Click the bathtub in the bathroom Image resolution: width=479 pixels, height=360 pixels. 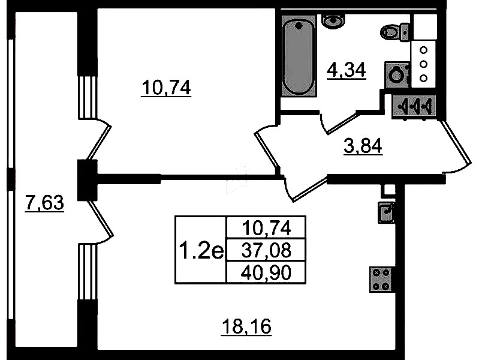(x=299, y=56)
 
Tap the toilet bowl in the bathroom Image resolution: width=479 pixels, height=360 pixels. (x=390, y=32)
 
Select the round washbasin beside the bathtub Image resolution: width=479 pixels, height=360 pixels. (x=333, y=21)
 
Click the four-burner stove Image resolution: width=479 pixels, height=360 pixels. (x=381, y=280)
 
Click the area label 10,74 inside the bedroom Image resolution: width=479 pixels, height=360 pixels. (x=166, y=88)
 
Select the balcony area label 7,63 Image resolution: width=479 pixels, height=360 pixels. (x=44, y=203)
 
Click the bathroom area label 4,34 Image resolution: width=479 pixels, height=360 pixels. (x=347, y=71)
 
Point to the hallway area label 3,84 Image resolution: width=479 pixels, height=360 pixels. (x=363, y=146)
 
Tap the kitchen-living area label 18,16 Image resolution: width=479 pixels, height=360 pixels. (x=246, y=326)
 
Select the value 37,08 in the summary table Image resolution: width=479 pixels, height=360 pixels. (x=266, y=251)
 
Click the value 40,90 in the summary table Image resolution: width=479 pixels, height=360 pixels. (x=266, y=273)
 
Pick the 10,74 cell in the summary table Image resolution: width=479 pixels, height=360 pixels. (x=266, y=228)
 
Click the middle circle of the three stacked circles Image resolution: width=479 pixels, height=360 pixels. (x=423, y=64)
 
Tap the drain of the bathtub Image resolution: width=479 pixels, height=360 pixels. (x=299, y=26)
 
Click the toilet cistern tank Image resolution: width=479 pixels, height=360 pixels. (x=405, y=32)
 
